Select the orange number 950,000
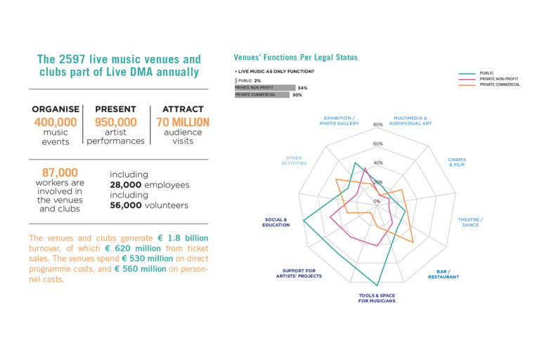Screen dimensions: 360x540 point(115,122)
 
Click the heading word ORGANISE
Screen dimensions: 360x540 point(56,110)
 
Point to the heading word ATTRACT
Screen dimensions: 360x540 point(183,110)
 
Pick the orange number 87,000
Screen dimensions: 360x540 point(59,172)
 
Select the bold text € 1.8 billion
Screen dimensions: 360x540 point(181,238)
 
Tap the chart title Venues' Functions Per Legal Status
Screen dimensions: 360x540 point(295,58)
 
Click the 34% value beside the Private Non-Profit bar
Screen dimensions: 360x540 point(302,88)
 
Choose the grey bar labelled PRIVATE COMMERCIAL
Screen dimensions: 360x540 point(262,95)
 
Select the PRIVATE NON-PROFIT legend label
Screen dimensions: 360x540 point(499,79)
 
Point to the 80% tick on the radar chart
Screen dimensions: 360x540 point(378,125)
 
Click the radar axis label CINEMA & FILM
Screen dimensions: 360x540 point(457,162)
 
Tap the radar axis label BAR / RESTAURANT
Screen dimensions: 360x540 point(443,274)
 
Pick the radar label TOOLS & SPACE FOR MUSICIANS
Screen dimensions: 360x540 point(377,298)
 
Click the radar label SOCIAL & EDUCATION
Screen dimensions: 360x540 point(276,222)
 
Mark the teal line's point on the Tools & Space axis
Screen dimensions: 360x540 point(378,285)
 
